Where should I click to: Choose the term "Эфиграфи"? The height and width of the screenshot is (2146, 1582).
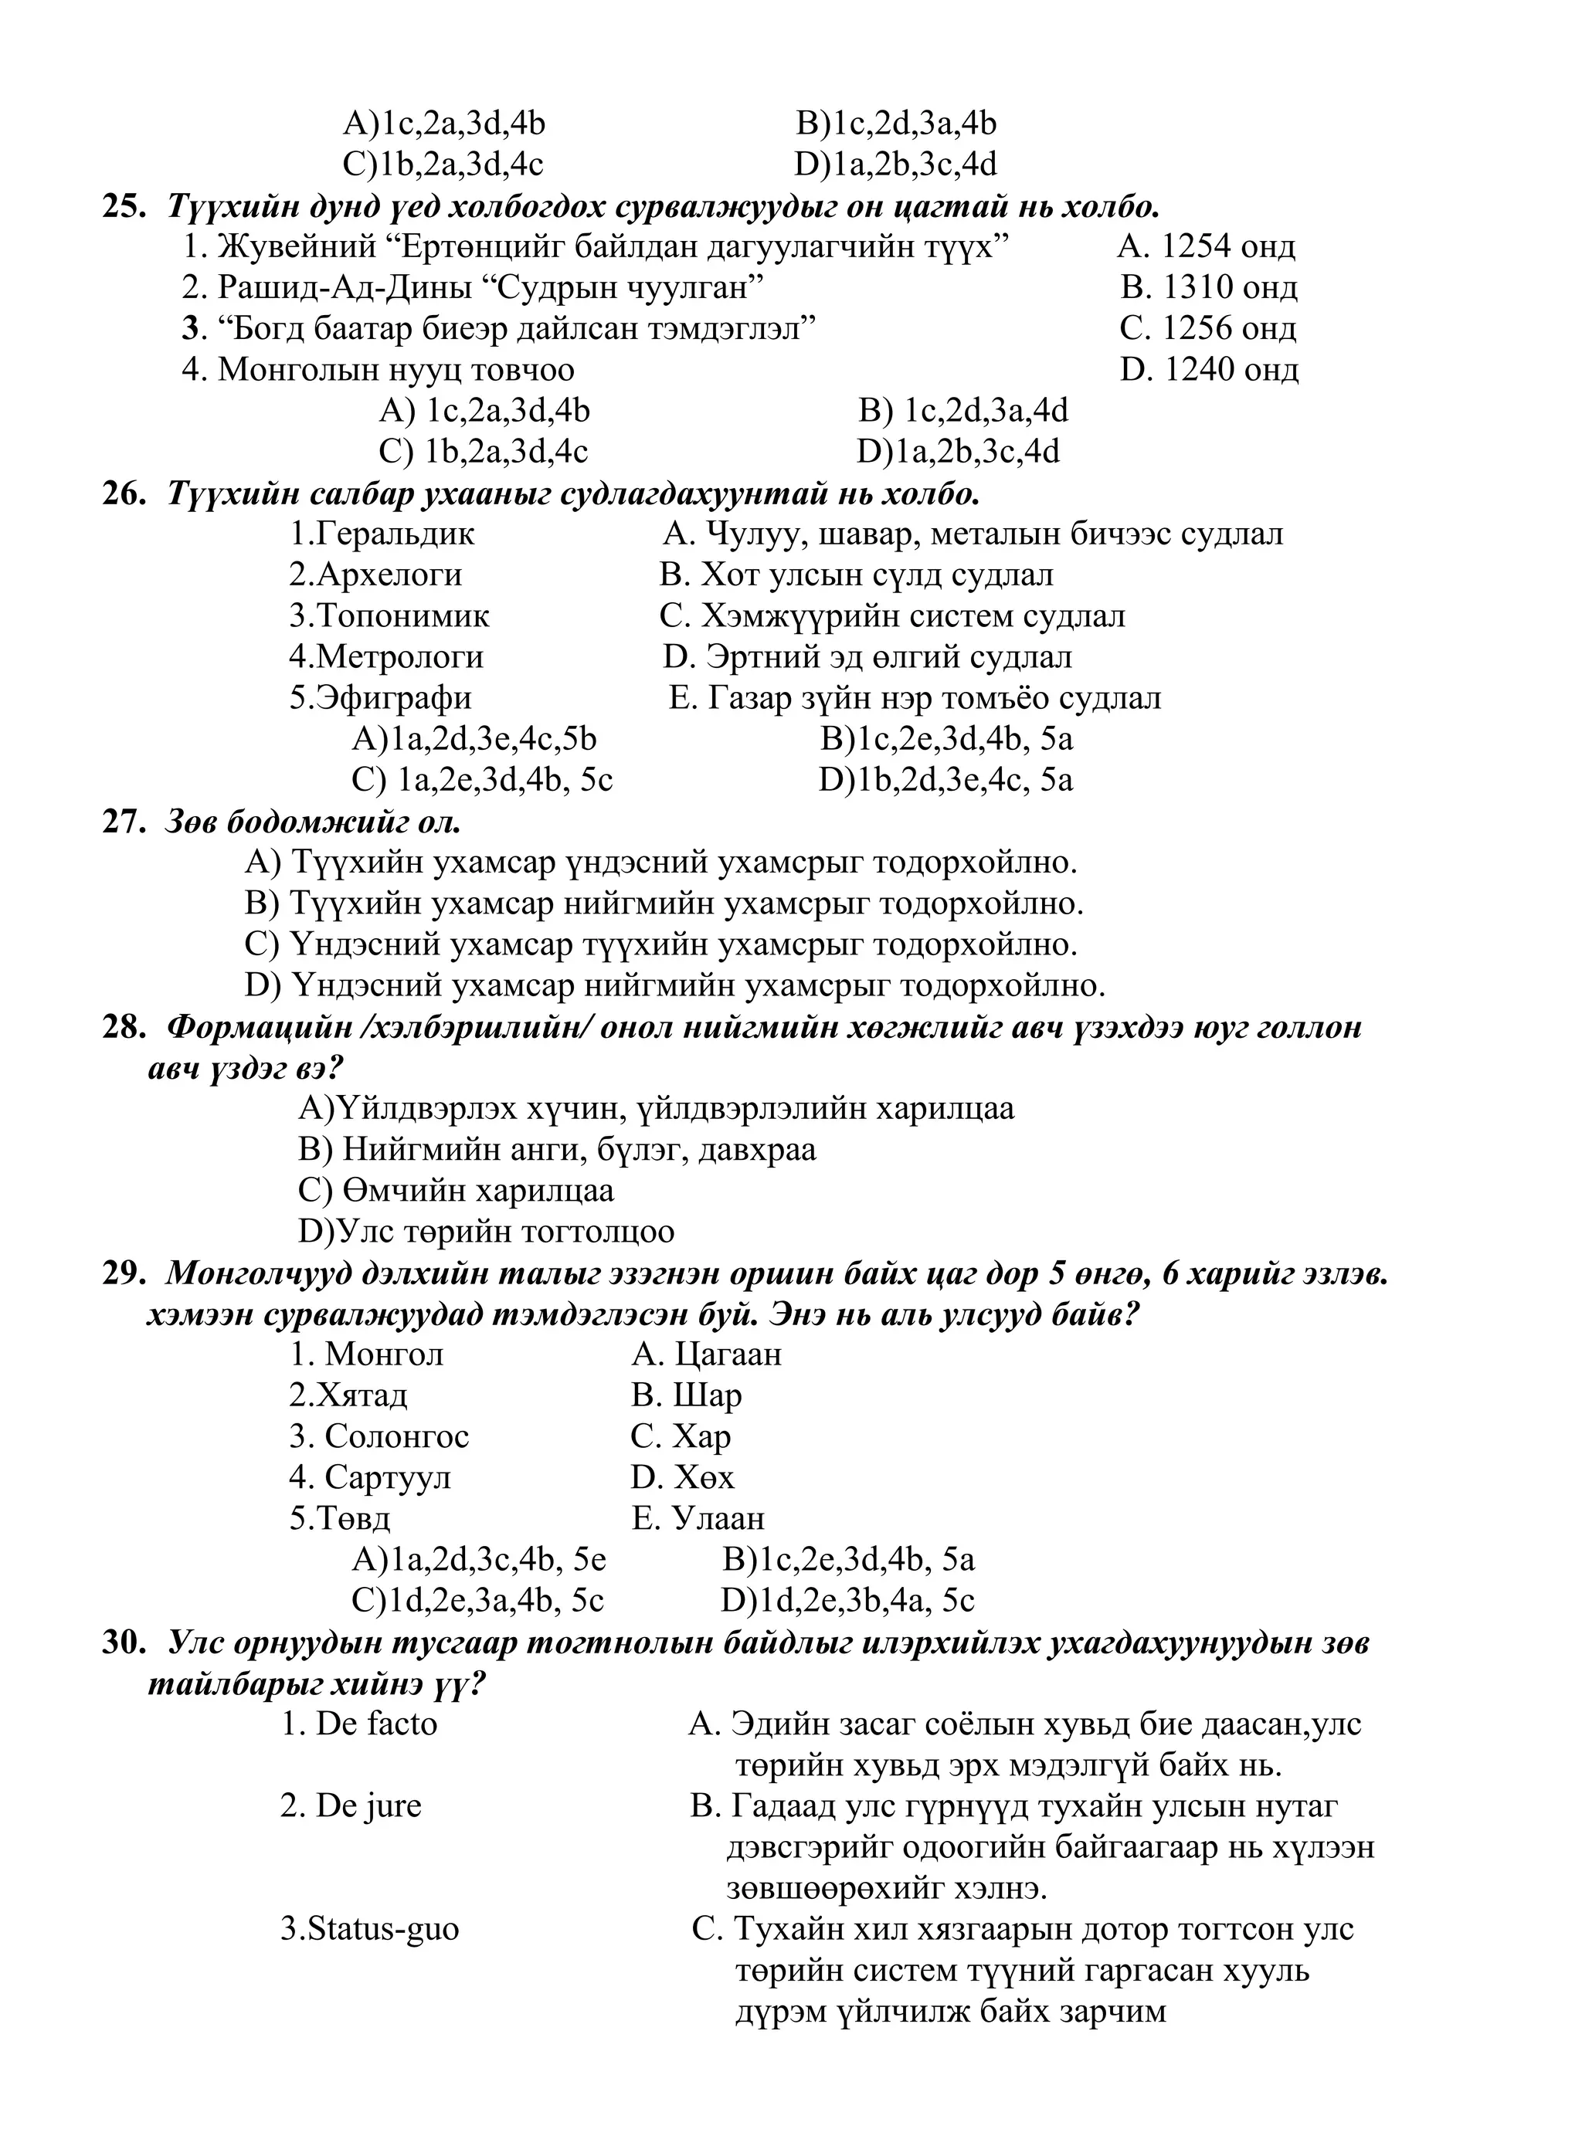click(380, 699)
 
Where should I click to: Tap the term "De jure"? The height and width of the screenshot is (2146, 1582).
click(351, 1807)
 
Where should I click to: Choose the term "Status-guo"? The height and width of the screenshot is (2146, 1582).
click(370, 1931)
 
